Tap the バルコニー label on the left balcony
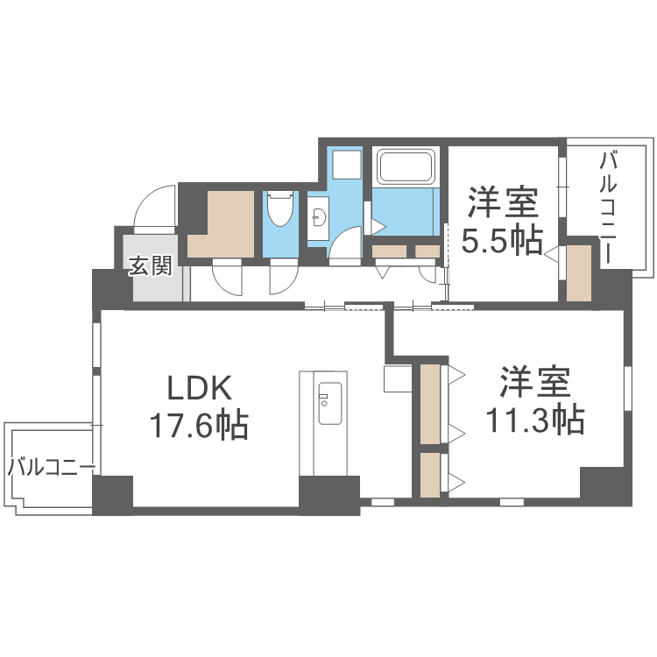(51, 467)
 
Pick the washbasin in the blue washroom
(316, 215)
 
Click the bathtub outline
(405, 167)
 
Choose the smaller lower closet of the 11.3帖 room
(430, 475)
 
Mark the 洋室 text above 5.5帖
(502, 202)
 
